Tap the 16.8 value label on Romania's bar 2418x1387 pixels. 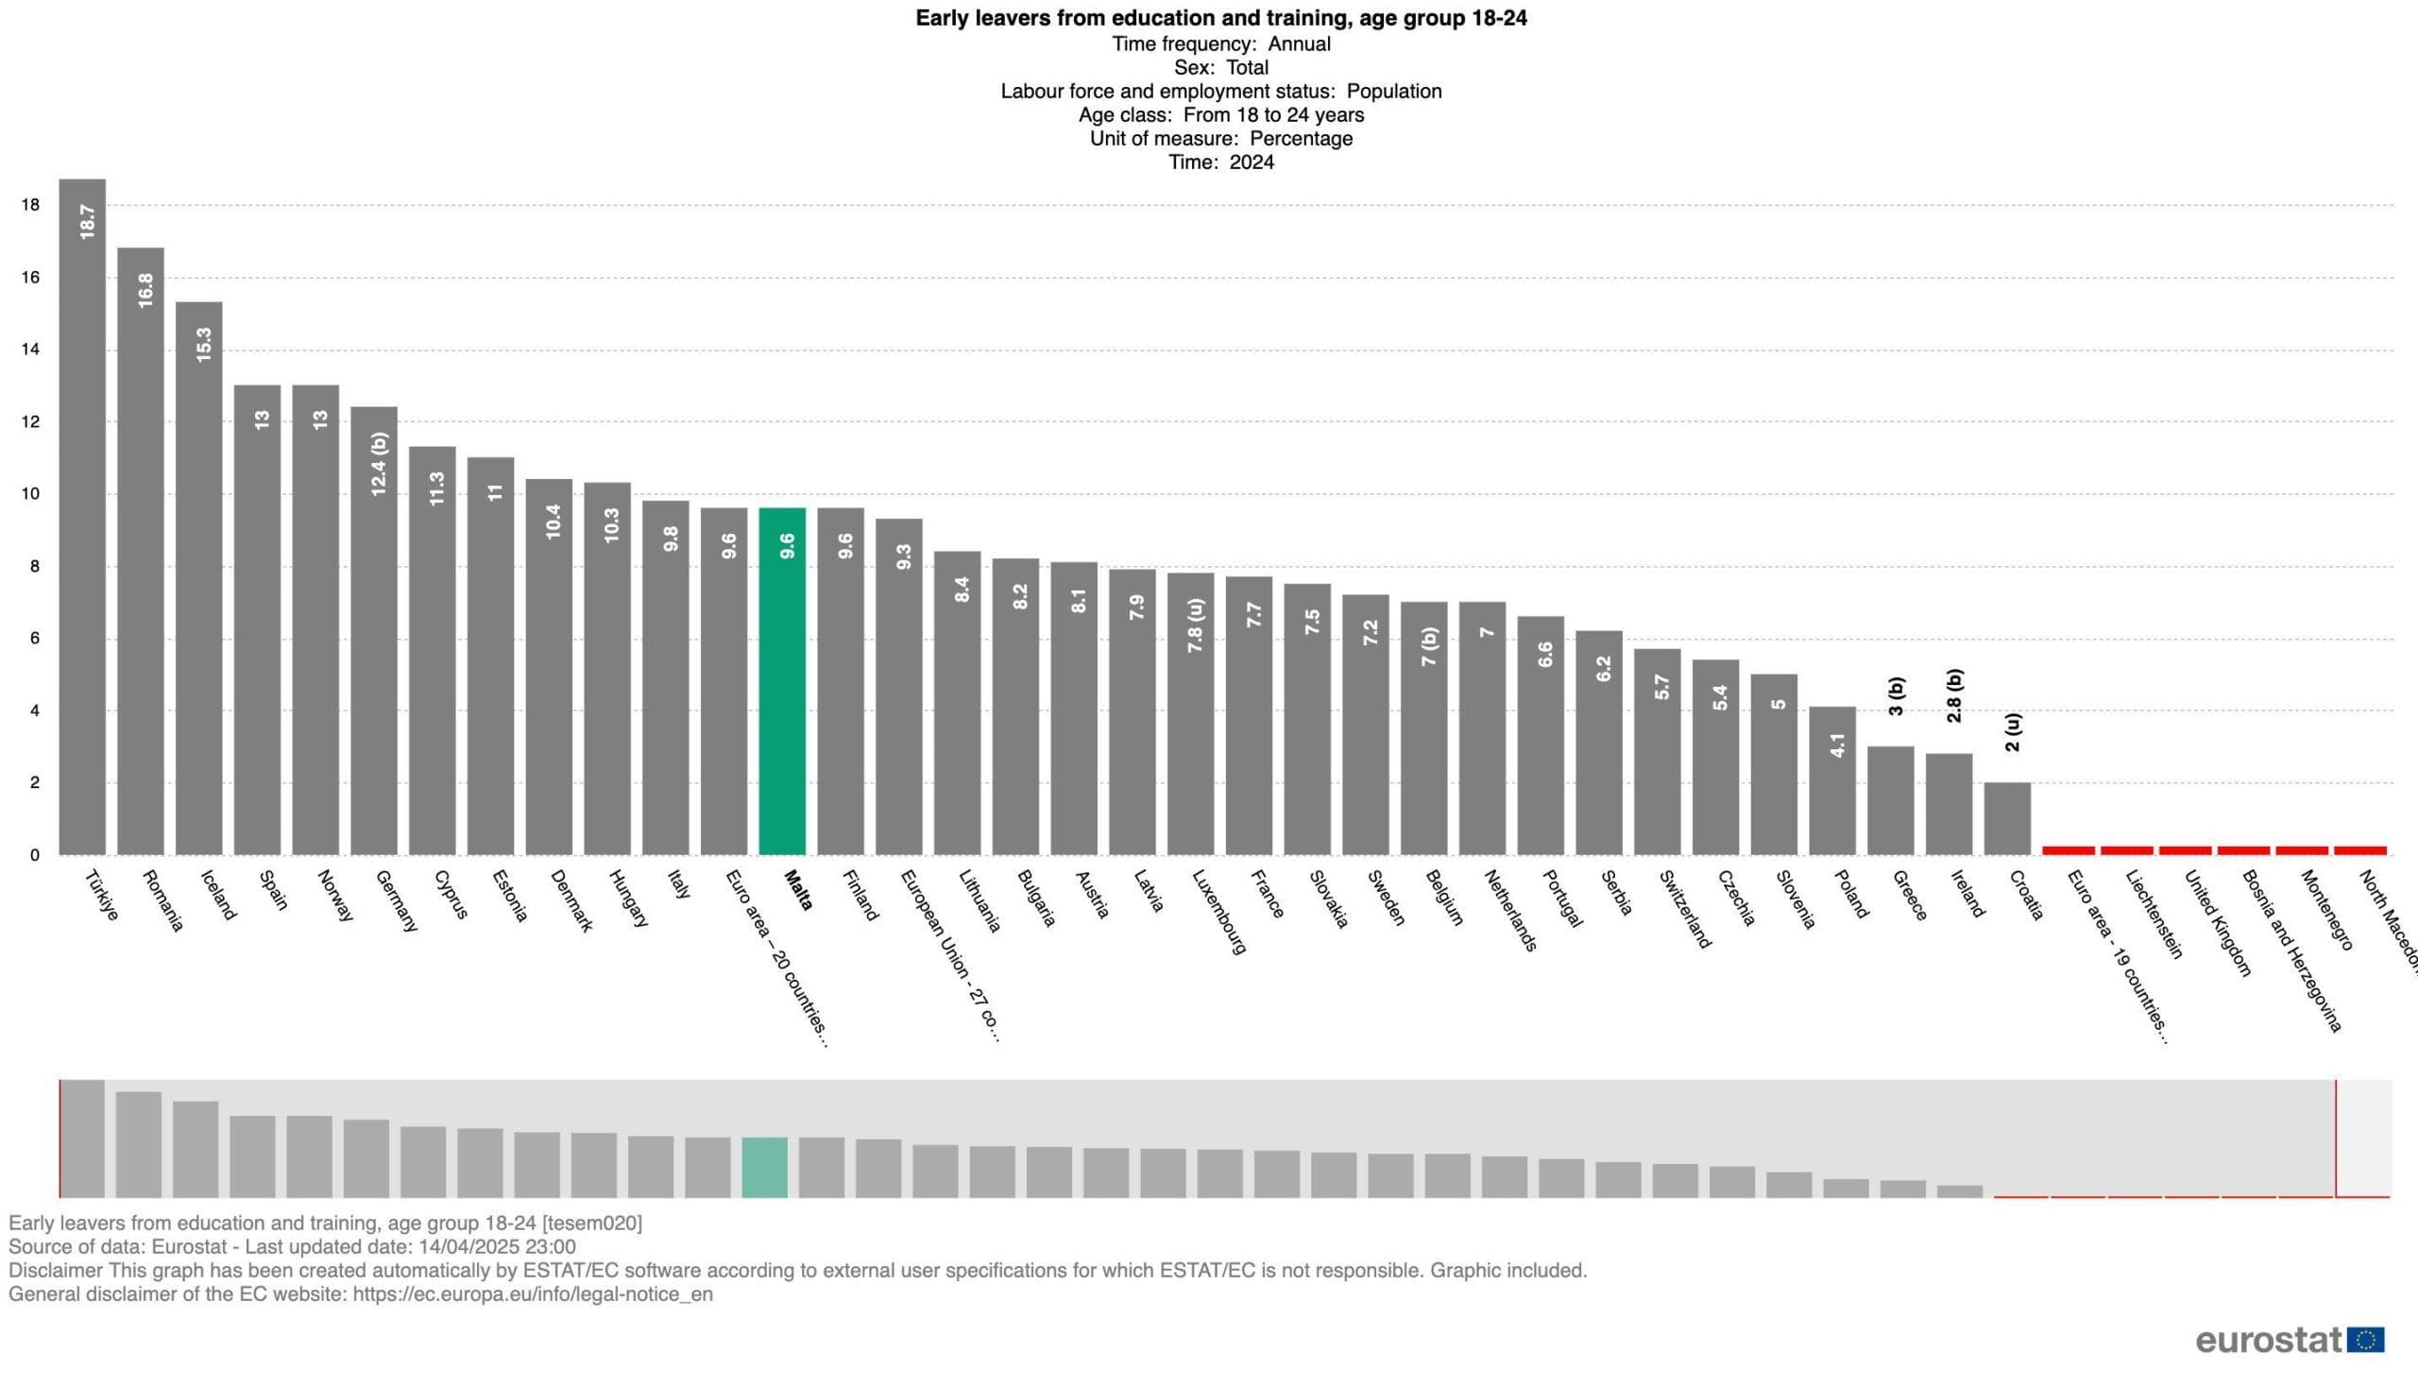[x=145, y=290]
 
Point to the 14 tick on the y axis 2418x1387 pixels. [x=30, y=350]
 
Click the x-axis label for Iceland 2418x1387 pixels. [x=218, y=895]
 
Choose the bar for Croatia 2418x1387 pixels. [x=2006, y=819]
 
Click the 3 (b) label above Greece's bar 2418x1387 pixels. [x=1895, y=696]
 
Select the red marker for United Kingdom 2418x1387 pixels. [x=2185, y=849]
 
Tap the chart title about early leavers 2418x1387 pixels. [x=1221, y=18]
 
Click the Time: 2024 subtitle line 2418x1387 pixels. [x=1221, y=162]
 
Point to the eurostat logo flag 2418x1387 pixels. [x=2366, y=1341]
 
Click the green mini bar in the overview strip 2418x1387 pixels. [x=765, y=1167]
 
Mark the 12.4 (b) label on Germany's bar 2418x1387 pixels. [x=379, y=464]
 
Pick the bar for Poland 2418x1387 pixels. [x=1832, y=780]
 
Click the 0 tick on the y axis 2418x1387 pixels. [x=34, y=855]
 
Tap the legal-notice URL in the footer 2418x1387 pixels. [x=533, y=1294]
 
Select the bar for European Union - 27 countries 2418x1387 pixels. [x=898, y=686]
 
